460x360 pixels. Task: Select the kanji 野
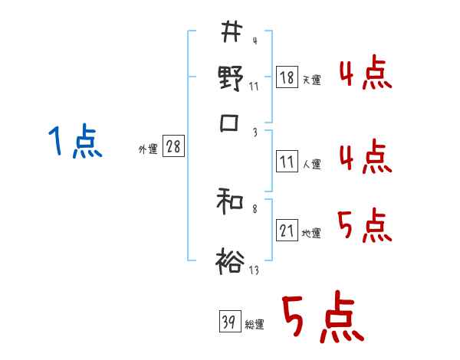(230, 78)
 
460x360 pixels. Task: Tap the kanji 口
(229, 123)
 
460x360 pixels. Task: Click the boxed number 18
(287, 77)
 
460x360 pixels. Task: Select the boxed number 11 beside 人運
(287, 162)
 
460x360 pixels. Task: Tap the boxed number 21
(287, 231)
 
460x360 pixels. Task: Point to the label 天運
(311, 80)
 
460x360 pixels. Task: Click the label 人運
(311, 164)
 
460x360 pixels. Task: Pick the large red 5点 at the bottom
(322, 319)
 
